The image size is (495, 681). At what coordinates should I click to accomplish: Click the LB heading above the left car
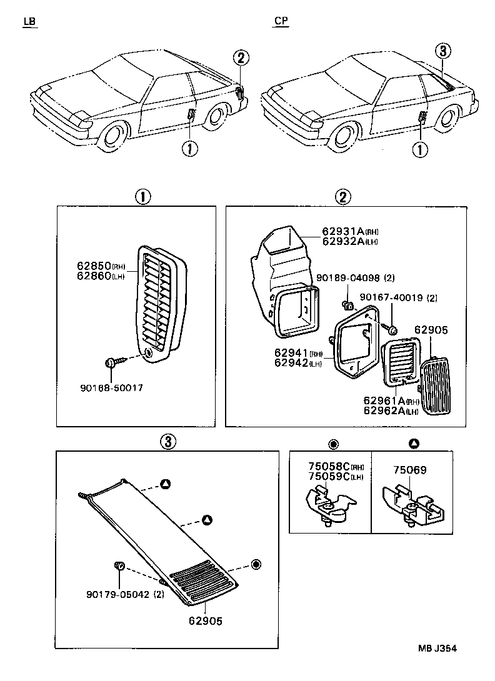coord(29,22)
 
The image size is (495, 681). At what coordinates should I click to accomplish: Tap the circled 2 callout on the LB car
coord(242,58)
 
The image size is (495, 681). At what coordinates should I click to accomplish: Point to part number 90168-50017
coord(111,388)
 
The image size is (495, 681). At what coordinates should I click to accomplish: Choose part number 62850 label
coord(94,266)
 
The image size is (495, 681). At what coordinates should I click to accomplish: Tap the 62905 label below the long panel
coord(206,621)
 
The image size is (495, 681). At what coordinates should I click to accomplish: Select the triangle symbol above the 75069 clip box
coord(413,444)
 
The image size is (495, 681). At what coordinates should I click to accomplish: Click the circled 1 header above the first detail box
coord(143,197)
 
